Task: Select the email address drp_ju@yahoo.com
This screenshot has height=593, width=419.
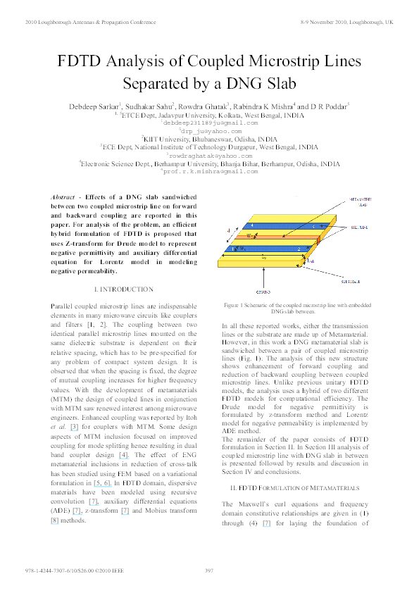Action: pyautogui.click(x=211, y=131)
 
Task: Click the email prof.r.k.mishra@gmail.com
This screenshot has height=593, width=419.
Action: pyautogui.click(x=211, y=170)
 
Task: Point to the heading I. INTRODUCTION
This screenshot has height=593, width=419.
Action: pyautogui.click(x=123, y=289)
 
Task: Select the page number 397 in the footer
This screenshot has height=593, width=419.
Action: pyautogui.click(x=209, y=570)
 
